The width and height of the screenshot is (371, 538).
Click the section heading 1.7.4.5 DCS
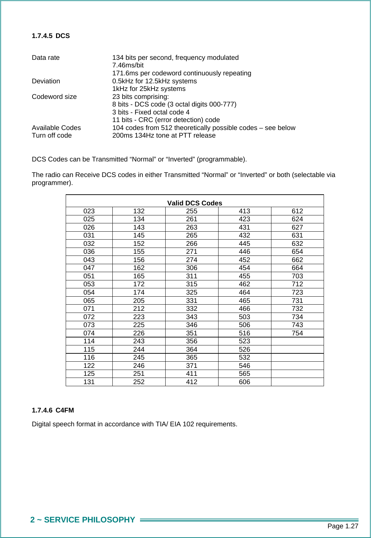51,36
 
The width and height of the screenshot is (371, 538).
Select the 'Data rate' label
46,58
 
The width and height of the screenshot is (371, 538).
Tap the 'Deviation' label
46,81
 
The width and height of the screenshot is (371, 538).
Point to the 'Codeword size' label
54,97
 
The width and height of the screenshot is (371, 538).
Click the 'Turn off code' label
52,136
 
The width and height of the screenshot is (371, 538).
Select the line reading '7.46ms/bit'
128,65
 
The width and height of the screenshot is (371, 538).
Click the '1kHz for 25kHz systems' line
149,89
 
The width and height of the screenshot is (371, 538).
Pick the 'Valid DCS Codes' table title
195,203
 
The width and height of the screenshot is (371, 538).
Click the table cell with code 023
89,211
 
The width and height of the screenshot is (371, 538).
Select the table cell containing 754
297,333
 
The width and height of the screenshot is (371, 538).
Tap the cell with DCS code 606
244,382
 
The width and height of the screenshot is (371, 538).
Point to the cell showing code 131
89,382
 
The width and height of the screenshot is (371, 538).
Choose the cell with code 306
192,268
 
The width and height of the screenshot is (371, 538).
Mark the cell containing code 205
139,301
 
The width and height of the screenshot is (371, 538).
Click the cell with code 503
244,317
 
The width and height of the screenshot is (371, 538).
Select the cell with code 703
297,276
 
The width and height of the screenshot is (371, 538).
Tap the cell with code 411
192,374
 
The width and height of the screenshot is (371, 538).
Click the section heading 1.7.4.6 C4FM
53,410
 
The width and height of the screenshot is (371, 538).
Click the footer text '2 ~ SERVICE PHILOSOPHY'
83,520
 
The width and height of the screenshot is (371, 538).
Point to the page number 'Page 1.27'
343,526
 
